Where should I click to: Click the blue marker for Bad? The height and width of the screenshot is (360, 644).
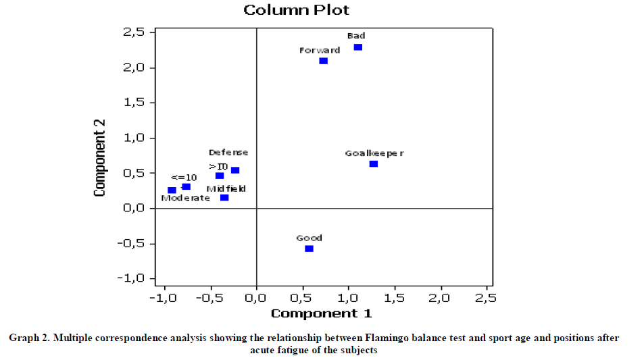click(x=358, y=47)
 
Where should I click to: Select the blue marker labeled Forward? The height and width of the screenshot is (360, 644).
click(x=324, y=61)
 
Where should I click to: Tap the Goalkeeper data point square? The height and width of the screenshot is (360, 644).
click(x=374, y=164)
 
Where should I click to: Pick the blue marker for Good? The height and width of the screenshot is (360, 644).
click(x=309, y=249)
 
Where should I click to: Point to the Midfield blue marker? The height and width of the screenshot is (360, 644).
click(x=224, y=198)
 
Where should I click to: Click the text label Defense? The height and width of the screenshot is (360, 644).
click(x=228, y=153)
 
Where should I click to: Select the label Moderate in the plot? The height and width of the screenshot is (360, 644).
click(x=185, y=198)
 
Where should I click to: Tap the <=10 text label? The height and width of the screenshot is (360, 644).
click(x=184, y=177)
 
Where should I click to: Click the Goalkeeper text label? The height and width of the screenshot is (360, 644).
click(x=374, y=153)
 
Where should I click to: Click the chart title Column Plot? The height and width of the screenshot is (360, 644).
click(x=297, y=9)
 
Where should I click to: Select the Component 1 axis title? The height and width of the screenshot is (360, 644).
click(x=321, y=313)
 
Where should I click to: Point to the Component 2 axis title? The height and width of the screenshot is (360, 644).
click(x=100, y=158)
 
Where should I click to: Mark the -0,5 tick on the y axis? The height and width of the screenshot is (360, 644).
click(x=132, y=243)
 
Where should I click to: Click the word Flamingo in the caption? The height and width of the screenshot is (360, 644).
click(x=389, y=338)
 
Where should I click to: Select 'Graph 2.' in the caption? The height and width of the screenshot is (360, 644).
click(x=28, y=338)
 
